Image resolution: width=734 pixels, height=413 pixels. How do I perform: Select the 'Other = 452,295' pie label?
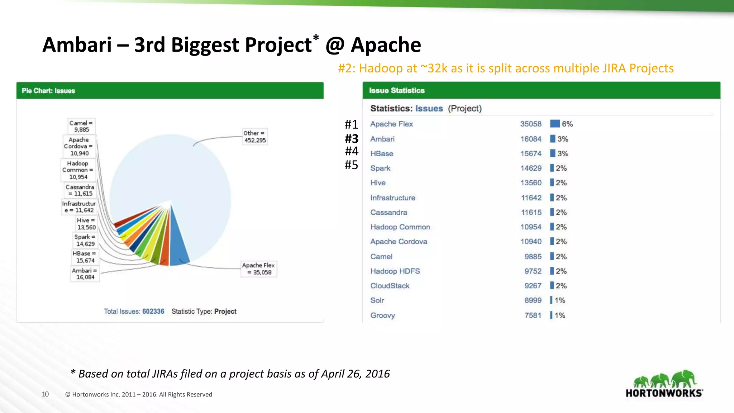(255, 137)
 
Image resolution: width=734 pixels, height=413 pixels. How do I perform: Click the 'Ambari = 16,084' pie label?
(85, 274)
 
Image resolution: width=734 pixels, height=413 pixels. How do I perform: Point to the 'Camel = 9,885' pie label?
(81, 126)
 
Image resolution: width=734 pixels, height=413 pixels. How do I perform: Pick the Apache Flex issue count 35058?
(531, 124)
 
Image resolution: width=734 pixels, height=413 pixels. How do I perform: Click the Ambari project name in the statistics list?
(382, 139)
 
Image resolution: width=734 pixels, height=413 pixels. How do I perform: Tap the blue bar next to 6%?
(555, 124)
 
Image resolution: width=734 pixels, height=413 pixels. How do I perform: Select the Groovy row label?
(382, 315)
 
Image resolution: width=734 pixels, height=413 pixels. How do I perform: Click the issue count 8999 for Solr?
(533, 300)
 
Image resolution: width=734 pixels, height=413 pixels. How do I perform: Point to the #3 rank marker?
(352, 139)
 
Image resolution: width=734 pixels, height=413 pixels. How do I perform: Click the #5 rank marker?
(351, 165)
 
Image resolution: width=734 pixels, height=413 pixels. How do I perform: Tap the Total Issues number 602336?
(153, 312)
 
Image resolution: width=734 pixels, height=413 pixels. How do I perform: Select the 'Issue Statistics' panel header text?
(397, 91)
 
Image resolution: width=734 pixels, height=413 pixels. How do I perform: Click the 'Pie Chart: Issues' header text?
(48, 91)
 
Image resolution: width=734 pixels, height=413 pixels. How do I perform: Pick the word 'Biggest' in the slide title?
(205, 45)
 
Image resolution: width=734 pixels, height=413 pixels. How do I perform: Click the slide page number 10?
(45, 394)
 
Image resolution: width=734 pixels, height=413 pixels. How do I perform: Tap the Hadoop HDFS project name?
(395, 271)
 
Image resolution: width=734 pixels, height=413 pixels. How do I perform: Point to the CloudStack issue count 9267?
(533, 286)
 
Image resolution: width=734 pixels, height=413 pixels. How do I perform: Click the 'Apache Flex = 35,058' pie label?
(258, 269)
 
